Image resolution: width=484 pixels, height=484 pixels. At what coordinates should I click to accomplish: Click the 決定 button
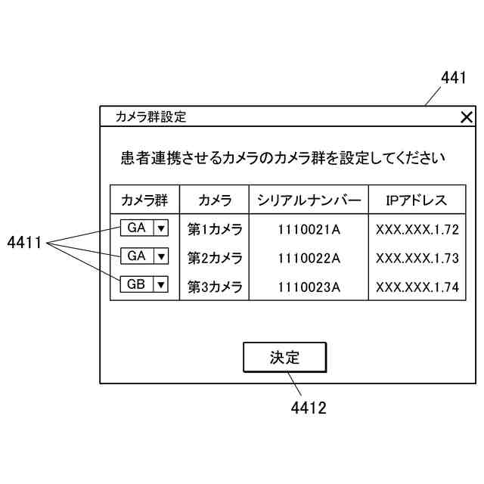[284, 357]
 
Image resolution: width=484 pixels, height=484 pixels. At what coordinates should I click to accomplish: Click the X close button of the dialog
[467, 117]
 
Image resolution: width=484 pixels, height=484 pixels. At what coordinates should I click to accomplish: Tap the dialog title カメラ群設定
[150, 117]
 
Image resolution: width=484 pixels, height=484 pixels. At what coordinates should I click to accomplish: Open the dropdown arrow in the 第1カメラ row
[161, 227]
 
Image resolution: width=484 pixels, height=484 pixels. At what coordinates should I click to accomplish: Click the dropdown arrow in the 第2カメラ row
[161, 256]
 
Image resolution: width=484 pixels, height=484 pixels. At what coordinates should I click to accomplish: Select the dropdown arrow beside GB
[161, 285]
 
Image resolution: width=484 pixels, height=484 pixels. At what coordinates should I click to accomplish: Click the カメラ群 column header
[144, 200]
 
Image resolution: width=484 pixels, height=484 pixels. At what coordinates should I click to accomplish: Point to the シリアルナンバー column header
[309, 200]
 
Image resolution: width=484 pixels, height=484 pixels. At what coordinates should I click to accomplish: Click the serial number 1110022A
[309, 258]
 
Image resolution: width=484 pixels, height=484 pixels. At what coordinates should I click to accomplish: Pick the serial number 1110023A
[309, 287]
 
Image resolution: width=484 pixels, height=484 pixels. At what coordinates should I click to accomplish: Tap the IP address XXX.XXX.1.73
[417, 258]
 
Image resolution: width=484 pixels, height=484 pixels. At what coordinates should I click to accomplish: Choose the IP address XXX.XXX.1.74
[417, 287]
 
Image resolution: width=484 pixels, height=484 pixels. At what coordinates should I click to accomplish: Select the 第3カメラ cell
[215, 287]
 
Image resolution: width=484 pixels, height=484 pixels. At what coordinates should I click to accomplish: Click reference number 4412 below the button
[309, 408]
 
